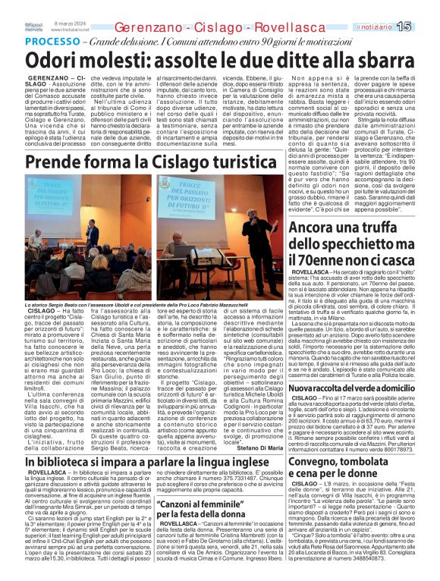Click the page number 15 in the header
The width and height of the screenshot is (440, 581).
tap(425, 27)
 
